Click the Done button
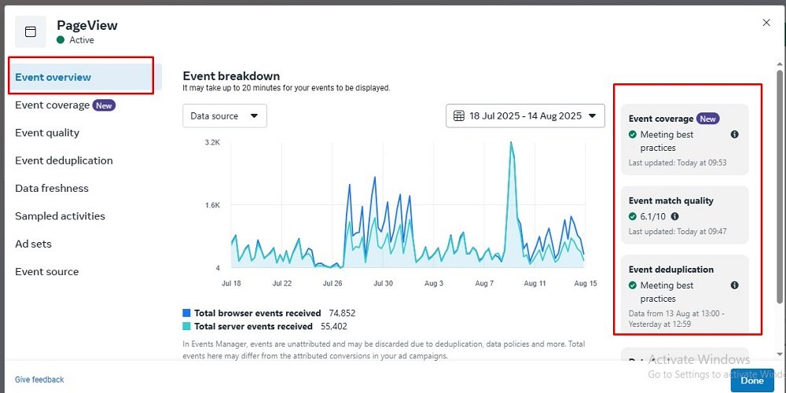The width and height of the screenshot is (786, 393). tap(751, 380)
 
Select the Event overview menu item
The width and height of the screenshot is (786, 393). tap(53, 77)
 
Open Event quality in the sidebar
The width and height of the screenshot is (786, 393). tap(47, 133)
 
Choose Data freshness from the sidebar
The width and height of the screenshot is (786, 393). tap(52, 189)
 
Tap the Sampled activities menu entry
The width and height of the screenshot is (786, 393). tap(60, 216)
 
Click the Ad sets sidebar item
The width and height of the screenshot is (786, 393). tap(34, 244)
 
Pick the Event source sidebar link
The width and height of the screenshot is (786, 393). tap(47, 272)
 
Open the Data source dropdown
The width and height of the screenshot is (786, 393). tap(225, 116)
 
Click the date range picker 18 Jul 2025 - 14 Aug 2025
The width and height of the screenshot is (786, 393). tap(525, 116)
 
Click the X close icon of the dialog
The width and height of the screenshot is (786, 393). tap(766, 23)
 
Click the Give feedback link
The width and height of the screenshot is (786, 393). tap(39, 380)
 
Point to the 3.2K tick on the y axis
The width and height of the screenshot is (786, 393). tap(212, 142)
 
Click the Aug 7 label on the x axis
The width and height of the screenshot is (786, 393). tap(484, 283)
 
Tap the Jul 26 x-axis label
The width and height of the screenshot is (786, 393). tap(333, 283)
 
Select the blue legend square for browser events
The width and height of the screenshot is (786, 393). tap(187, 313)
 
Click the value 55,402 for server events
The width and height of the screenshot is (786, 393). tap(334, 326)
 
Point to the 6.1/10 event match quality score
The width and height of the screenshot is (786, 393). tap(652, 216)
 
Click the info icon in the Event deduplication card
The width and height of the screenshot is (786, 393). tap(734, 285)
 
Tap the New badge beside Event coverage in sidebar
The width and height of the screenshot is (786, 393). tap(104, 105)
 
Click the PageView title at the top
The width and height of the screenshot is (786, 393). tap(87, 25)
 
